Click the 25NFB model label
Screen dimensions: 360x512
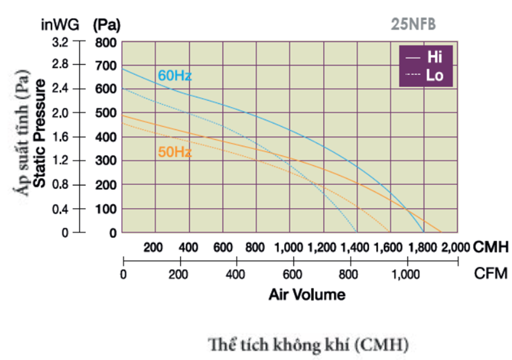click(x=413, y=24)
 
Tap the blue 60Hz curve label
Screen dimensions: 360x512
click(x=175, y=76)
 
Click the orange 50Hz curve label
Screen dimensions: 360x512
click(x=175, y=152)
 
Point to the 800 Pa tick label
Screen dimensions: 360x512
click(x=107, y=42)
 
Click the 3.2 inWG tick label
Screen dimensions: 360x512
click(x=60, y=42)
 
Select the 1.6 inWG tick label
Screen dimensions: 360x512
click(x=60, y=137)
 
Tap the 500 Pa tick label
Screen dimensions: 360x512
click(x=107, y=114)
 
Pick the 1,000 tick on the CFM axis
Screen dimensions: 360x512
click(x=407, y=275)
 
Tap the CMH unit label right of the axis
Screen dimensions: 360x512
click(x=491, y=247)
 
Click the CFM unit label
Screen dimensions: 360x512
click(x=491, y=274)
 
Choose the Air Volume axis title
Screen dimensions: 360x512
click(x=307, y=294)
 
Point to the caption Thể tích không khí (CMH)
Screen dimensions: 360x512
click(x=309, y=345)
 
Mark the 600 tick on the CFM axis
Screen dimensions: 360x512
click(x=293, y=275)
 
